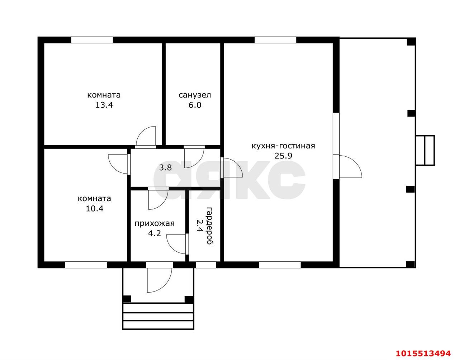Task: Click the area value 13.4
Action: tap(104, 105)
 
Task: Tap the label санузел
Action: tap(195, 95)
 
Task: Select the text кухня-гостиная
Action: tap(283, 146)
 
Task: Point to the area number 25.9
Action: tap(283, 156)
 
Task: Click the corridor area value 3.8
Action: tap(165, 168)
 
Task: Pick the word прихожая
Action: tap(155, 223)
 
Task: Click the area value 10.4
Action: tap(94, 209)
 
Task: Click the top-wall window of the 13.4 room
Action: tap(92, 40)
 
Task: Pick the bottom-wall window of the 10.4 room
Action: tap(86, 265)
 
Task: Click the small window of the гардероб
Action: tap(206, 265)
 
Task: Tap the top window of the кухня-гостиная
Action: tap(275, 40)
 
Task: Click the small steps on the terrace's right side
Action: tap(425, 150)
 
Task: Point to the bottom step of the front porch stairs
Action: tap(158, 325)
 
